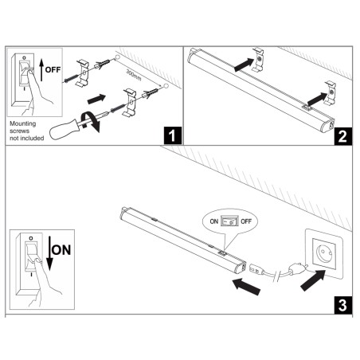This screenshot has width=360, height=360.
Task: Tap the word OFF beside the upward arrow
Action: click(x=52, y=69)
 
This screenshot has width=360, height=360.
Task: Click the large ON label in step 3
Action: click(x=61, y=250)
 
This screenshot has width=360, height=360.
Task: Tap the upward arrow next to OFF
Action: click(x=39, y=70)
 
